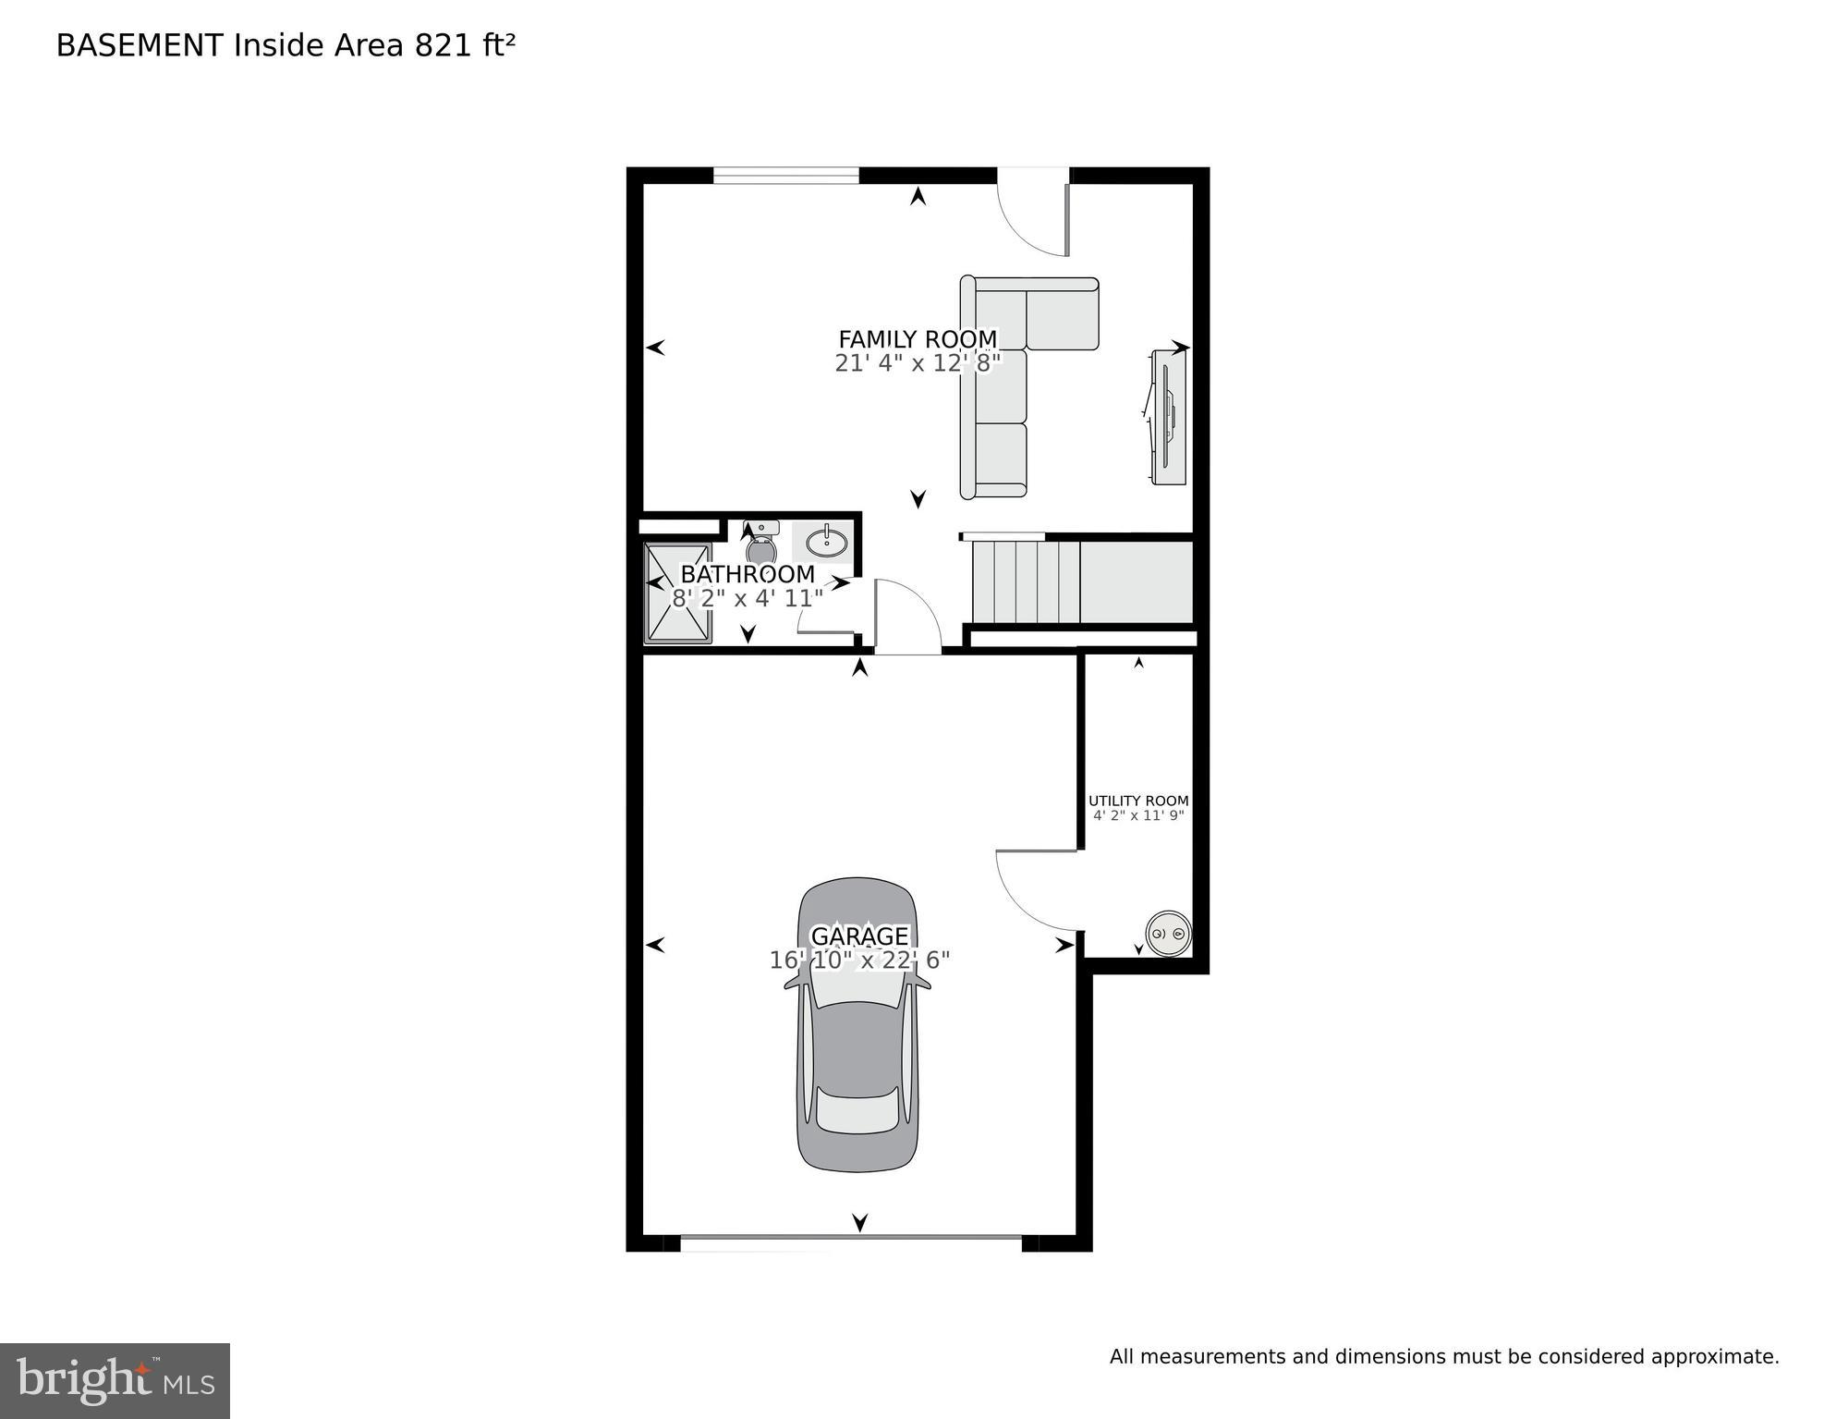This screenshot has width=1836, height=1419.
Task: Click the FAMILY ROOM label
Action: (x=917, y=339)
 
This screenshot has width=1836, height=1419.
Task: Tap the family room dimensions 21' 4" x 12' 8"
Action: (x=917, y=363)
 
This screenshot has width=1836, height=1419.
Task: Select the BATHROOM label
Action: (x=747, y=574)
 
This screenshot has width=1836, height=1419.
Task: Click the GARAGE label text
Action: (x=859, y=936)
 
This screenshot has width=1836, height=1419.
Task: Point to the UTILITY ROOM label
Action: (x=1137, y=801)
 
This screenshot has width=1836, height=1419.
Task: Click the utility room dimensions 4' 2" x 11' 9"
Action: (x=1137, y=816)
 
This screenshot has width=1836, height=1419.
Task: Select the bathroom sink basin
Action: (x=826, y=542)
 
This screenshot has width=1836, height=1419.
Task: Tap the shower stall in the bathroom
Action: (x=678, y=593)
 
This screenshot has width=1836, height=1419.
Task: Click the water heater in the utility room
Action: (x=1168, y=934)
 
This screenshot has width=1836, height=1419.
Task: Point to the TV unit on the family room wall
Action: (x=1168, y=416)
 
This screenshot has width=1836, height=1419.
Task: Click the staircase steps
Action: (x=1026, y=582)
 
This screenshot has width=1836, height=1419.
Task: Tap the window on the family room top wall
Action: (x=785, y=175)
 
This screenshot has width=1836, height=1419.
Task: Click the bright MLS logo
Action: (x=115, y=1381)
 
